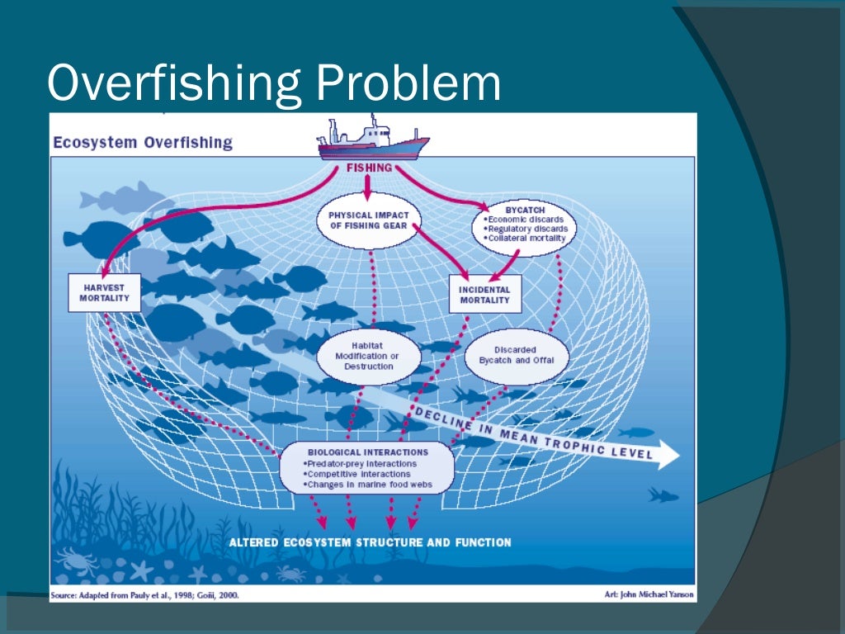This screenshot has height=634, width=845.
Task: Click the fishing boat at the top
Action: pyautogui.click(x=374, y=140)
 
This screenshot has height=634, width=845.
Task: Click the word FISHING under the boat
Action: pyautogui.click(x=369, y=168)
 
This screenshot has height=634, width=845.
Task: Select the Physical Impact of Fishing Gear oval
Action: pyautogui.click(x=369, y=220)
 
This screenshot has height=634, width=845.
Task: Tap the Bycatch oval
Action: pyautogui.click(x=526, y=225)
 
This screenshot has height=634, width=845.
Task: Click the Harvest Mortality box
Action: pyautogui.click(x=105, y=292)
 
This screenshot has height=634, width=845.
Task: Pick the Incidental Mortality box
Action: pyautogui.click(x=485, y=295)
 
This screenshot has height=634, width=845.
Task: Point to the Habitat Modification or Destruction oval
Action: pyautogui.click(x=369, y=356)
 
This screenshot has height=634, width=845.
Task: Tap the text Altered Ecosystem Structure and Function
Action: pyautogui.click(x=370, y=542)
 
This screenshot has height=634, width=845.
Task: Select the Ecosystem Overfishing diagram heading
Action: pyautogui.click(x=143, y=142)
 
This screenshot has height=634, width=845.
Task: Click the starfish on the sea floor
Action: pyautogui.click(x=142, y=570)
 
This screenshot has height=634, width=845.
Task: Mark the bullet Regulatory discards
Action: pyautogui.click(x=528, y=229)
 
